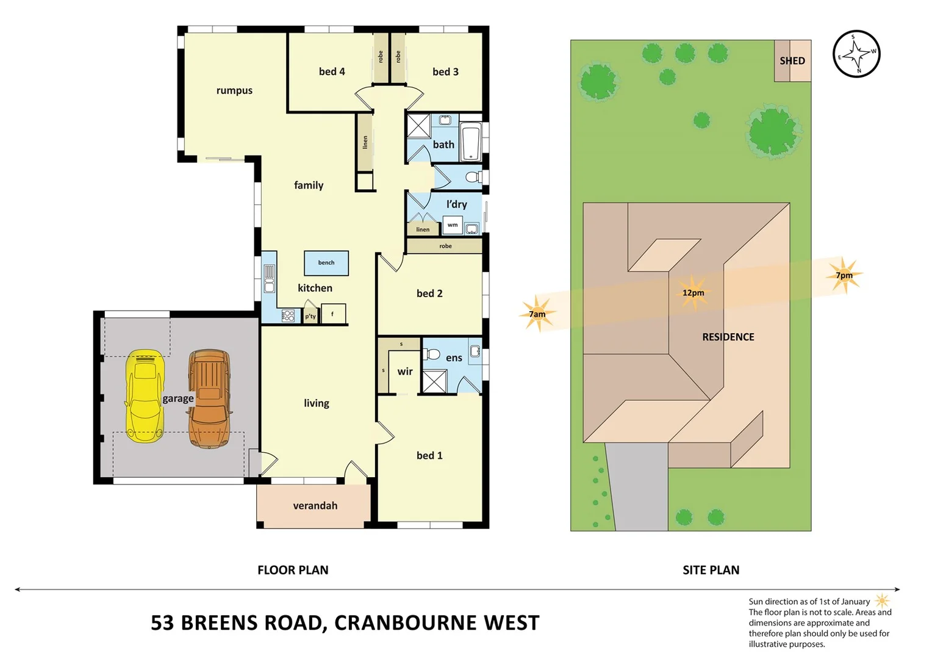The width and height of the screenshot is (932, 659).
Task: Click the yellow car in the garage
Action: coord(145,395)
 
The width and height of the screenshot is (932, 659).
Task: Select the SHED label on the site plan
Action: coord(792,60)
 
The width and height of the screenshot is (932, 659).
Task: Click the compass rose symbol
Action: coord(856,54)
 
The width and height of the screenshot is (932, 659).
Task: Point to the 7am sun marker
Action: coord(537,314)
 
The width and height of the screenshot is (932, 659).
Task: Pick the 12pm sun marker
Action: coord(694,292)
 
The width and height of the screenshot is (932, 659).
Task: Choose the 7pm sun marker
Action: coord(844,275)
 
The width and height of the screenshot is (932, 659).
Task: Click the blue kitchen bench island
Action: coord(326,263)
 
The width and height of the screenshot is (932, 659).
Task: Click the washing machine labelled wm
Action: coord(453,225)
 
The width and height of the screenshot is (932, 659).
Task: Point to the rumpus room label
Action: coord(234,90)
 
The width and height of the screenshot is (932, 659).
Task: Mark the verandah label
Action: coord(315,505)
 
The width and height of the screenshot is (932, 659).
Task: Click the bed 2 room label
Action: coord(429,293)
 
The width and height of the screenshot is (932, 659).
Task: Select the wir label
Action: coord(405,371)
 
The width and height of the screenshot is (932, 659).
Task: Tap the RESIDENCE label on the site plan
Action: coord(728,337)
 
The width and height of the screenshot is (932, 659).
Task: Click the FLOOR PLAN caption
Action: coord(293,570)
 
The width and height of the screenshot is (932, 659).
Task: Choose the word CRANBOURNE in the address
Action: coord(406,623)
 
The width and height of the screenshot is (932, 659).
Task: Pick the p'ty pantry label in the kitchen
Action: coord(310,316)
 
